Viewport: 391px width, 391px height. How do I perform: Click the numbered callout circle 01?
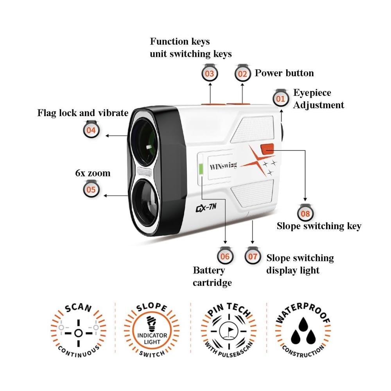click(x=280, y=99)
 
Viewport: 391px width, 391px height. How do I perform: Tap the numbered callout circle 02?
click(x=242, y=74)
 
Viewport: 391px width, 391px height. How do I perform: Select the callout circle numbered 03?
click(x=210, y=74)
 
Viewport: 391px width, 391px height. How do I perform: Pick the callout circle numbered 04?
click(x=91, y=130)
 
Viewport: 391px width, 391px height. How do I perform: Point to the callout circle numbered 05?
click(x=91, y=190)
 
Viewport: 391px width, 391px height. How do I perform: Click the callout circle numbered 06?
click(x=225, y=256)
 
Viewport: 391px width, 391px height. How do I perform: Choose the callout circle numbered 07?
click(x=253, y=256)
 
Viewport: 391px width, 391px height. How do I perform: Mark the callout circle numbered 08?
click(x=305, y=213)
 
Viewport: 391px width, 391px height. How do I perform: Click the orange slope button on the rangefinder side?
click(x=267, y=149)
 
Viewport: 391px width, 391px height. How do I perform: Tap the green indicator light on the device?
click(x=201, y=169)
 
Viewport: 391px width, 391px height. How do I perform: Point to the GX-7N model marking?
click(x=206, y=208)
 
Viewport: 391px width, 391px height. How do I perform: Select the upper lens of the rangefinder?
click(x=144, y=142)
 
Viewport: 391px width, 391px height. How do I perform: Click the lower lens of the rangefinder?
click(x=145, y=203)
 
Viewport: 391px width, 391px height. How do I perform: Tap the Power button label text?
click(x=284, y=73)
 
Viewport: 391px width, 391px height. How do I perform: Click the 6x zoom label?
click(x=93, y=173)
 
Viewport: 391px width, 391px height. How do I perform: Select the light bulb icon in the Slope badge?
click(x=152, y=324)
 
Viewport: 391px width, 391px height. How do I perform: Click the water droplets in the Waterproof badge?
click(x=303, y=332)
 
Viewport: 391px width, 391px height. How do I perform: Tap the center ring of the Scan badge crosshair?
click(x=79, y=333)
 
